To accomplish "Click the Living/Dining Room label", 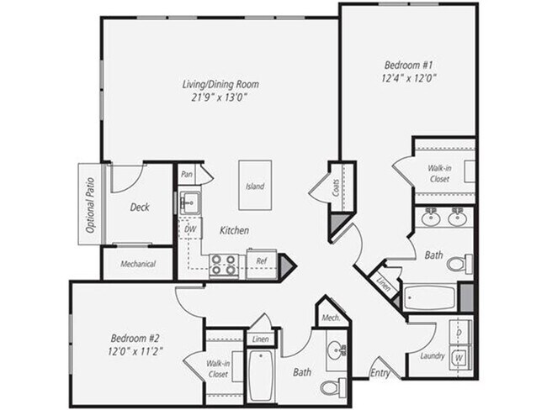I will click(x=220, y=84).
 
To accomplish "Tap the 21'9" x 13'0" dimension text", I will click(x=220, y=97).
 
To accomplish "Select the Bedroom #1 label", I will click(x=410, y=65).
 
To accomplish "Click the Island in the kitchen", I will click(x=255, y=186).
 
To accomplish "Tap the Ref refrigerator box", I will click(x=262, y=262).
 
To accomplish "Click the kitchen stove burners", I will click(x=223, y=265).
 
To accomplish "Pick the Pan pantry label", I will click(x=187, y=175).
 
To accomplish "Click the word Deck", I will click(x=140, y=207).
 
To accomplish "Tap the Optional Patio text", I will click(x=87, y=202).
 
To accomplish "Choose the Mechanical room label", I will click(x=138, y=264).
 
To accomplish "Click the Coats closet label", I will click(x=335, y=190).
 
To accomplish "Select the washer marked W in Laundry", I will click(x=459, y=358).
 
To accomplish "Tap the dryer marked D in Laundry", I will click(x=459, y=333).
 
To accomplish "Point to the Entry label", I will click(x=380, y=371).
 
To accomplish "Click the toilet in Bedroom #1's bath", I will click(x=458, y=264).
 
